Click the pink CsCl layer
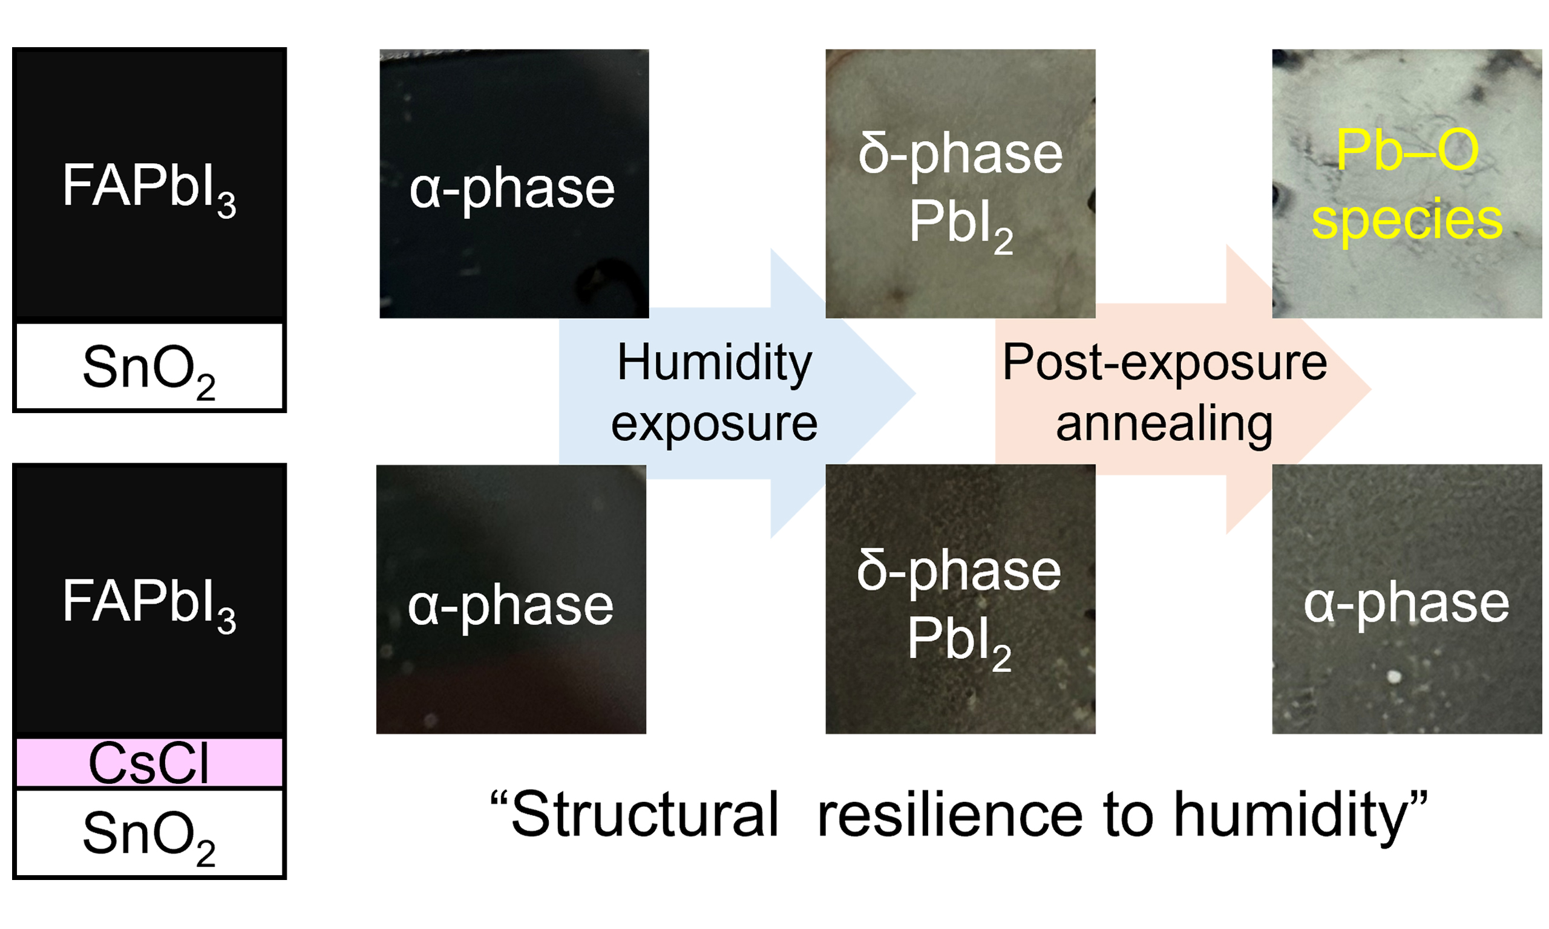(149, 762)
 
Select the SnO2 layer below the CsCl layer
(149, 833)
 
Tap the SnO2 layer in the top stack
(149, 367)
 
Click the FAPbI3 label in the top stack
(149, 189)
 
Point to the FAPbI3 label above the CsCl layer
(149, 604)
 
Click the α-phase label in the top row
(512, 191)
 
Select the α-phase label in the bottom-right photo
(1406, 605)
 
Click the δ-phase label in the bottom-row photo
(959, 571)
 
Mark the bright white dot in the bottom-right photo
(1394, 677)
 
